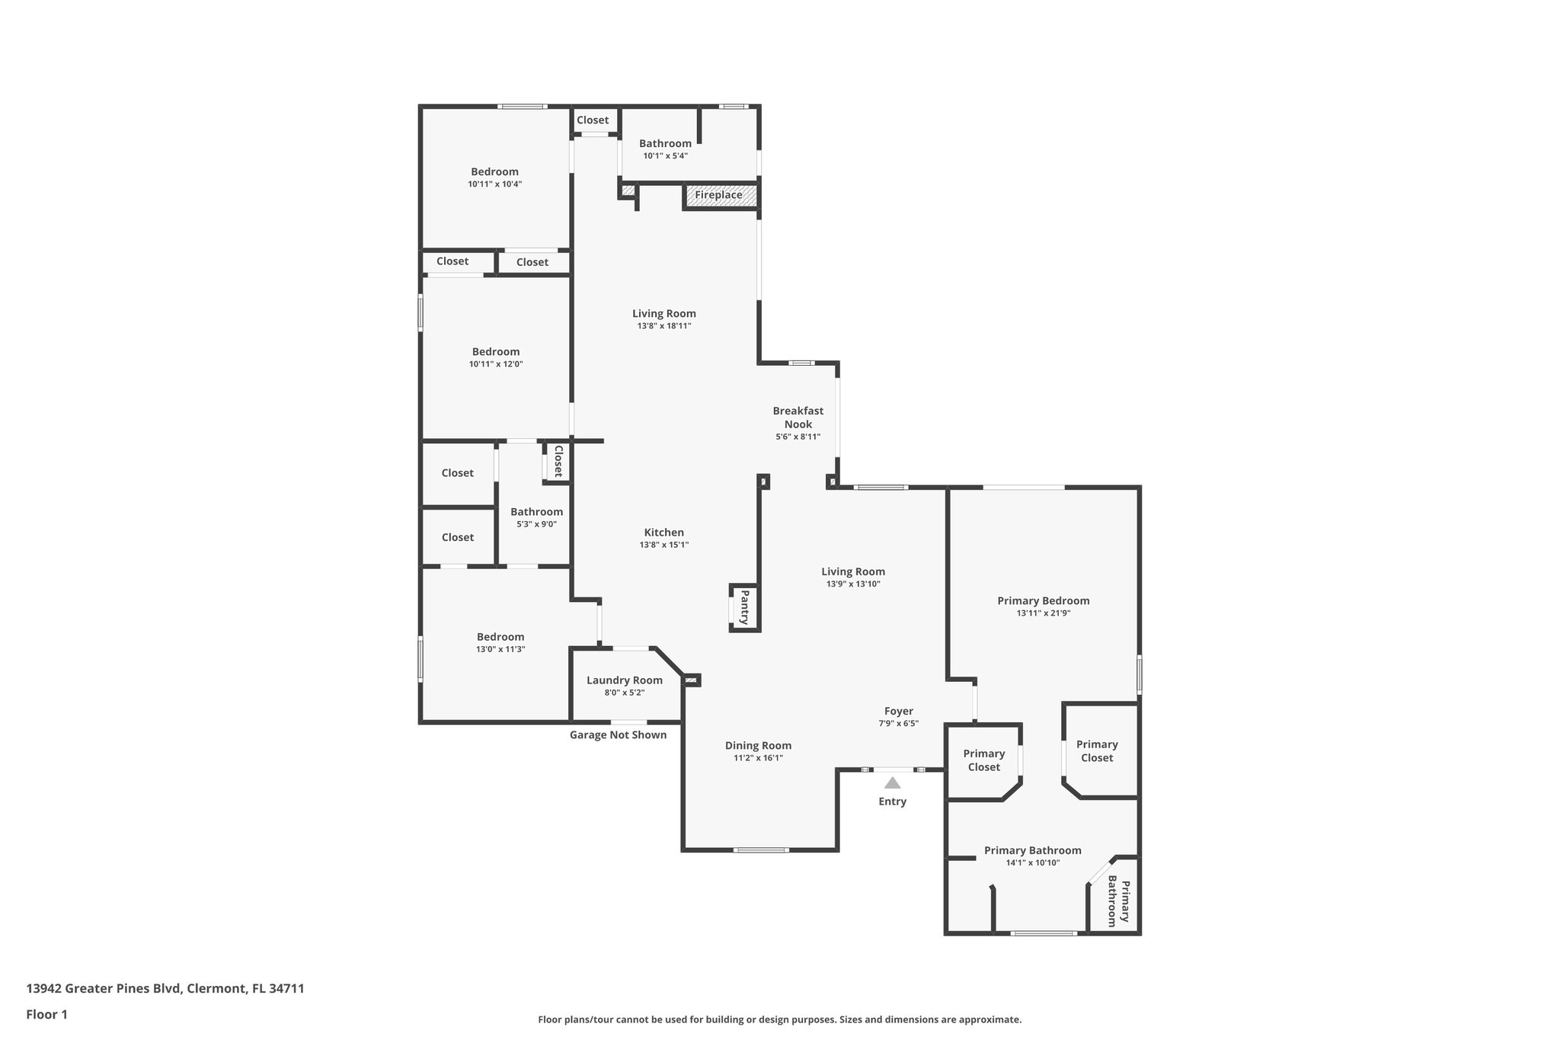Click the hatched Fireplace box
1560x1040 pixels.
pyautogui.click(x=721, y=195)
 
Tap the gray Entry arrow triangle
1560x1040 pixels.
pyautogui.click(x=892, y=783)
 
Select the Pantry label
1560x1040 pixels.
pyautogui.click(x=745, y=607)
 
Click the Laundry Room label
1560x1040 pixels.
pyautogui.click(x=624, y=680)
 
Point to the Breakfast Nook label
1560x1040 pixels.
pyautogui.click(x=798, y=418)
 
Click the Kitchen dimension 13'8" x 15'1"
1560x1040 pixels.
pyautogui.click(x=663, y=545)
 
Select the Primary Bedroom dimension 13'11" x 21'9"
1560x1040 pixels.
pyautogui.click(x=1043, y=613)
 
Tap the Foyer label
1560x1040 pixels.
pyautogui.click(x=898, y=711)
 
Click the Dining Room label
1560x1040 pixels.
pyautogui.click(x=757, y=746)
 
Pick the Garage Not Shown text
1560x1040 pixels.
pyautogui.click(x=618, y=735)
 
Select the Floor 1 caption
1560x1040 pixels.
pyautogui.click(x=46, y=1014)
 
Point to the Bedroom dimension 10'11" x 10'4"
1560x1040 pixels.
pyautogui.click(x=494, y=184)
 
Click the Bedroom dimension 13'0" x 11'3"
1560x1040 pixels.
pyautogui.click(x=500, y=649)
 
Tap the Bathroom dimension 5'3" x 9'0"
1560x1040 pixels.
pyautogui.click(x=536, y=524)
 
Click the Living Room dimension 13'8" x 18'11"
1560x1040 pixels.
pyautogui.click(x=663, y=326)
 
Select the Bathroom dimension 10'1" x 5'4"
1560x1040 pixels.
pyautogui.click(x=665, y=156)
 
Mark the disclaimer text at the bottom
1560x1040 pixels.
pyautogui.click(x=779, y=1019)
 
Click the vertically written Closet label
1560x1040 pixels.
pyautogui.click(x=558, y=461)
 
